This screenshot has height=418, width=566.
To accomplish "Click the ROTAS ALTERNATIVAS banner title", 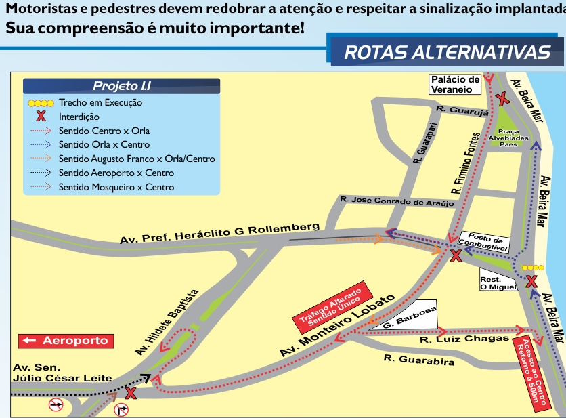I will (447, 52).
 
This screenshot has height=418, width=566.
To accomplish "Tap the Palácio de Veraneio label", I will (456, 84).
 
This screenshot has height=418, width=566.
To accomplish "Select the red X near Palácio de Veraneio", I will (502, 100).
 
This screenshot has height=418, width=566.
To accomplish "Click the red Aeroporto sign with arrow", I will (64, 341).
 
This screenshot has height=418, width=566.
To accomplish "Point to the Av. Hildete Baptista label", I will (167, 322).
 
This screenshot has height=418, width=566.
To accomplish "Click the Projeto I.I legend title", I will (122, 86).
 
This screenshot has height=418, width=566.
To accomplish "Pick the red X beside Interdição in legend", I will (40, 117).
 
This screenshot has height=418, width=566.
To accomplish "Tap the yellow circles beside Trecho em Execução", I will (40, 103).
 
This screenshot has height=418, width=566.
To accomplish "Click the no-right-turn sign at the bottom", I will (122, 409).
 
